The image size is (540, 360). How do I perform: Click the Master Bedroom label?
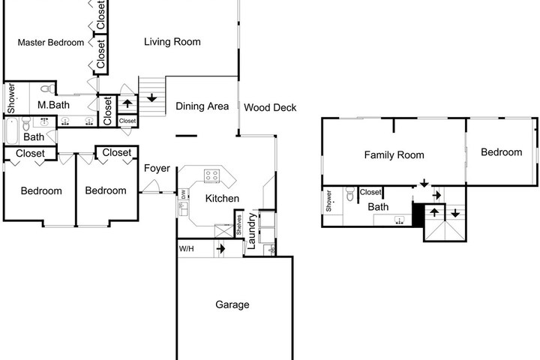point(51,42)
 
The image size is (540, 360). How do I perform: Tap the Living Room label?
point(172,42)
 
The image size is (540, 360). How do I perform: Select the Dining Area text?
point(202,106)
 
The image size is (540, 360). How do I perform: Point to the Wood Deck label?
point(270,107)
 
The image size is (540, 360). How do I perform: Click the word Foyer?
point(157,168)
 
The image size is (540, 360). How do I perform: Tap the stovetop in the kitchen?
point(211,175)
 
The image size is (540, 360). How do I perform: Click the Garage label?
point(232,304)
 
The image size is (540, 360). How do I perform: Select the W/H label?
point(186,248)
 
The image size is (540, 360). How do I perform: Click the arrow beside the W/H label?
point(220,248)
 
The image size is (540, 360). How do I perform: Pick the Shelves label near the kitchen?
point(239,224)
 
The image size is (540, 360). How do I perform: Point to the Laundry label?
point(252,231)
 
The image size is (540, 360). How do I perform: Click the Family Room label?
point(394,155)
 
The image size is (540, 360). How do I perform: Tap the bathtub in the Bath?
point(12,131)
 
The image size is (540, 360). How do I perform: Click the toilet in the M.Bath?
point(48,88)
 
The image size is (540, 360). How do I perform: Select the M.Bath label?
point(53,105)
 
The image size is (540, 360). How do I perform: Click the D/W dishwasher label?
point(183,194)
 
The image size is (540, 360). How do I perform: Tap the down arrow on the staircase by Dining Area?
point(151,97)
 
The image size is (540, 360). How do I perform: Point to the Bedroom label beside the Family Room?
point(502,152)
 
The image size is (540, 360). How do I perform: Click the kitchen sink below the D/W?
point(183,208)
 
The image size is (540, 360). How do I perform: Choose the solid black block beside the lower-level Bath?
point(418,215)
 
